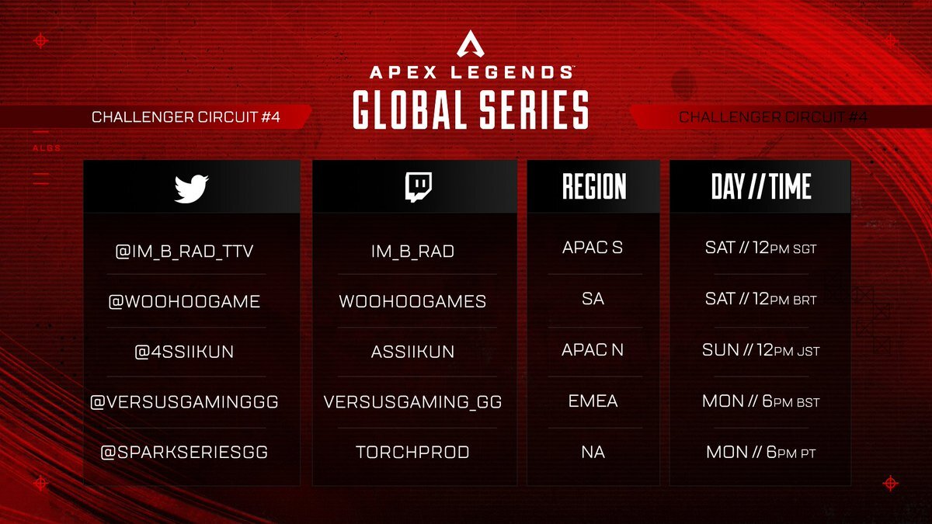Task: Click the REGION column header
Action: click(x=593, y=187)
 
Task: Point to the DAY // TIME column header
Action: click(x=760, y=187)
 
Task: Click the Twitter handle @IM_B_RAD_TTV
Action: click(x=184, y=250)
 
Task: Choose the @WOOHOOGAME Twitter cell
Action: click(x=184, y=301)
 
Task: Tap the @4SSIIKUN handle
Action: click(x=184, y=352)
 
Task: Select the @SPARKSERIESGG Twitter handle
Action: click(x=184, y=452)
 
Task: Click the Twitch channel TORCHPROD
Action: click(x=412, y=452)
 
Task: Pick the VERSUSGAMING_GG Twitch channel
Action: click(x=412, y=402)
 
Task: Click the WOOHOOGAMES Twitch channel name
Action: click(x=412, y=301)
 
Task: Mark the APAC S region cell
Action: click(x=593, y=248)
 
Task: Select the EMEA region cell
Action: click(x=593, y=401)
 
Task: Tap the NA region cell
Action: click(x=593, y=452)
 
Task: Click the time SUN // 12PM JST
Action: click(x=760, y=351)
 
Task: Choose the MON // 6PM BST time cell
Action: click(x=760, y=402)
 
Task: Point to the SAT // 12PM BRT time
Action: click(x=760, y=300)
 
